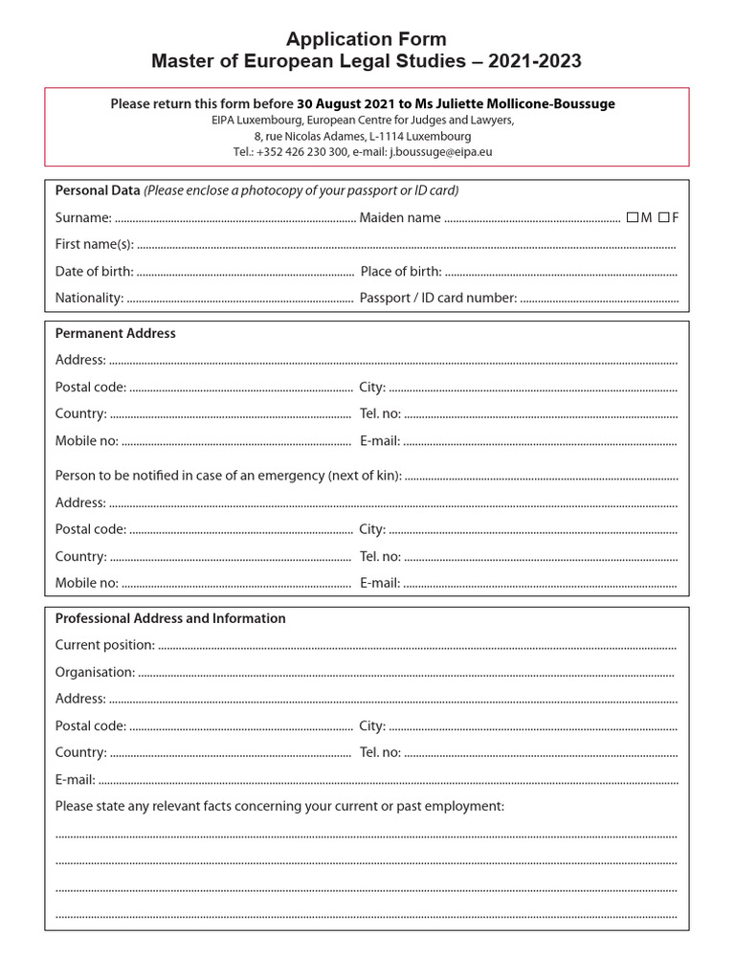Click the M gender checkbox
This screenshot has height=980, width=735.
(633, 217)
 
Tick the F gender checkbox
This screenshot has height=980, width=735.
(663, 217)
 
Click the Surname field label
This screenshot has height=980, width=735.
(82, 218)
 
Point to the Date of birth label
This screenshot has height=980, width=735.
(94, 272)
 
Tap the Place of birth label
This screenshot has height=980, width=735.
(401, 272)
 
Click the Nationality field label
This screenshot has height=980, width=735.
(89, 298)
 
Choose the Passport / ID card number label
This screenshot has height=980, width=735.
(438, 298)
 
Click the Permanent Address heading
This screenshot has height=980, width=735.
(115, 333)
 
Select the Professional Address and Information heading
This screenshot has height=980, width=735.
(170, 618)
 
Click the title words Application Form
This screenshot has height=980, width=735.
(367, 39)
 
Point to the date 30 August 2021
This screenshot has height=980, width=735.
(345, 103)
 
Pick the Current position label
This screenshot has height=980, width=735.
(104, 645)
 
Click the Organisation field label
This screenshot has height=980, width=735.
(95, 672)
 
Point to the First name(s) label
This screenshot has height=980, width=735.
(94, 245)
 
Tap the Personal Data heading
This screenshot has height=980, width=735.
(98, 190)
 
